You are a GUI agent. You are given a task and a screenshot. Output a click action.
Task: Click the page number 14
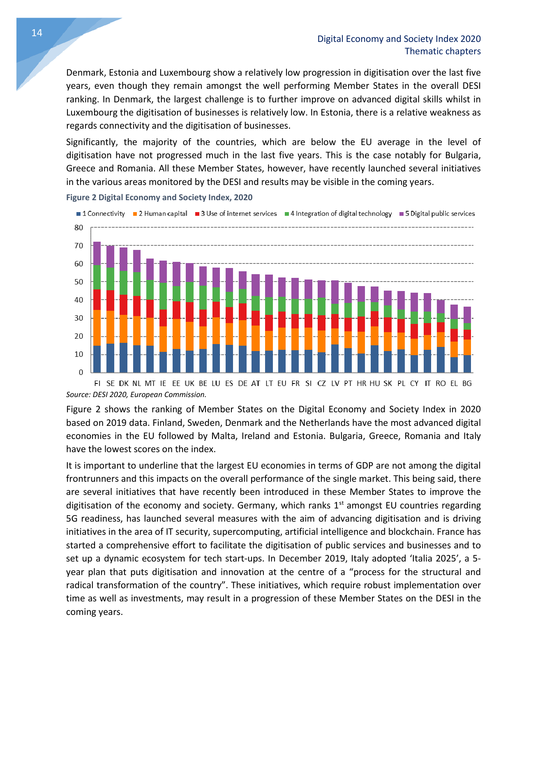click(37, 33)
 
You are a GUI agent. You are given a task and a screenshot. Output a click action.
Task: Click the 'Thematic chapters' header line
click(442, 51)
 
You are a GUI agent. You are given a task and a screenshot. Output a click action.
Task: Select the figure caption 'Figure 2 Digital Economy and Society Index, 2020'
click(159, 197)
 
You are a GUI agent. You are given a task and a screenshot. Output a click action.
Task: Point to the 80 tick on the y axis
click(78, 228)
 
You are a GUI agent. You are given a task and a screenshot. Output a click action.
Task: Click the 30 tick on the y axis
click(78, 318)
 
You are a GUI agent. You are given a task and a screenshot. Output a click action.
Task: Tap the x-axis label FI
click(97, 384)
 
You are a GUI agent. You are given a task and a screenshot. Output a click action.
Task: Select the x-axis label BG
click(467, 384)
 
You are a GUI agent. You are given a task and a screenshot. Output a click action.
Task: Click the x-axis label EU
click(282, 384)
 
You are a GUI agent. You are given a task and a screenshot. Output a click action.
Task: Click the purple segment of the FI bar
click(97, 253)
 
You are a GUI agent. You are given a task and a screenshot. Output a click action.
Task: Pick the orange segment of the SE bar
click(110, 327)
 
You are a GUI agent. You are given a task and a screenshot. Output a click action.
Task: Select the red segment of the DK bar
click(123, 305)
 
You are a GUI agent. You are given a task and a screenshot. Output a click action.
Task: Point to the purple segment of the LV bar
click(335, 292)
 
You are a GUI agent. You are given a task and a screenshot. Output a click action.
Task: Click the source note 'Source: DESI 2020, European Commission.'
click(136, 395)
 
